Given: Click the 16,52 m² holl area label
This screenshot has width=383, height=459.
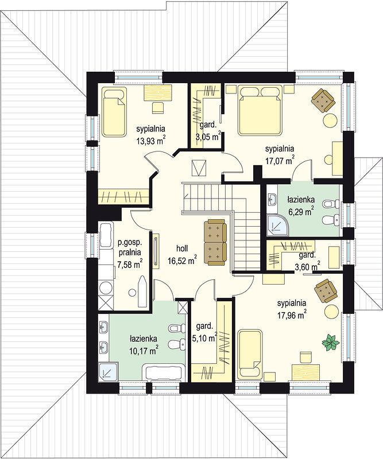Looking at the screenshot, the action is click(x=182, y=254).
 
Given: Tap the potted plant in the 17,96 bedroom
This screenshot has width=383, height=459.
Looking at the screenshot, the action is click(x=331, y=342).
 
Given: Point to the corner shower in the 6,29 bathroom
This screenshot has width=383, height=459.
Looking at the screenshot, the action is click(x=277, y=225).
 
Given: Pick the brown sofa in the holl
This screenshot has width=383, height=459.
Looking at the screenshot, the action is click(x=215, y=242).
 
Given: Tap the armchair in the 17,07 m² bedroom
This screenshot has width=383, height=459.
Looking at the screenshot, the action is click(x=323, y=100).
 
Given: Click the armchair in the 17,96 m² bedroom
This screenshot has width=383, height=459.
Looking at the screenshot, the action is click(x=325, y=290).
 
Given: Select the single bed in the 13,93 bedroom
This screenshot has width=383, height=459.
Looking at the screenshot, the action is click(x=114, y=112).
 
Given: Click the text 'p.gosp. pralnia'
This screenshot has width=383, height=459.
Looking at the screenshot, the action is click(x=130, y=247).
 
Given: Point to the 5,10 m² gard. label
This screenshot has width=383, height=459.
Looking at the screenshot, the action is click(x=204, y=333).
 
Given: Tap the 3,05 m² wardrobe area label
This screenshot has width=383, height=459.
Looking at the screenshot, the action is click(x=208, y=131).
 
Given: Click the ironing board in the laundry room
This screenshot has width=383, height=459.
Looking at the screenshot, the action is click(x=144, y=290).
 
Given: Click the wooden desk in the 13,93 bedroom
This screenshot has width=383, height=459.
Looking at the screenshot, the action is click(x=157, y=93).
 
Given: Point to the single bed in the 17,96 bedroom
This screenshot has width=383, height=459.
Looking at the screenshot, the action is click(x=250, y=353).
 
